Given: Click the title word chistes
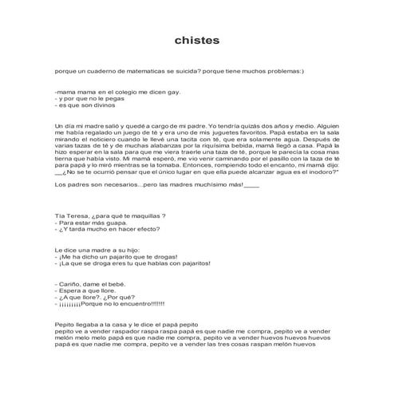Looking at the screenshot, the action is [197, 39].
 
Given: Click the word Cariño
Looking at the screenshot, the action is [70, 285].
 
